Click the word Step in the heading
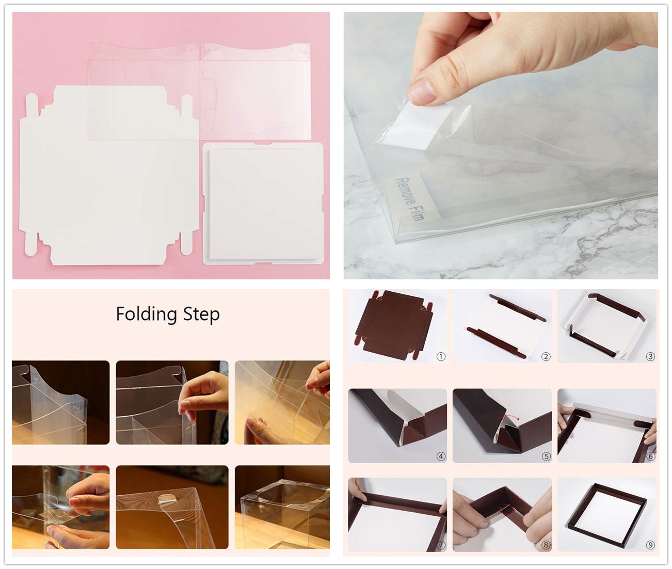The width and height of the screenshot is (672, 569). pos(201,314)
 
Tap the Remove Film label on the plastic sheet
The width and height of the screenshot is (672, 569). pos(409,198)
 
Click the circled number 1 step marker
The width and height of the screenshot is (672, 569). pos(440,357)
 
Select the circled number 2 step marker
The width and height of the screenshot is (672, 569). pos(546,357)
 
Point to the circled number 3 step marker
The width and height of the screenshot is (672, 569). pos(650,357)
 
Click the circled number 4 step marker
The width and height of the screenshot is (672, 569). pos(440,456)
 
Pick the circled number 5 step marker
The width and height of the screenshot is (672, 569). pos(546,456)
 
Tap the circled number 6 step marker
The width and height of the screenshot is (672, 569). pos(650,456)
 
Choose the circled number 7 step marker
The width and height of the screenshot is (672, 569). pos(440,545)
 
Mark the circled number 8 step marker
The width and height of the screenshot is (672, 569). pos(546,545)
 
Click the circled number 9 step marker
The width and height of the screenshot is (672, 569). pos(650,545)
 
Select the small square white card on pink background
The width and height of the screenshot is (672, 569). pos(262,204)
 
